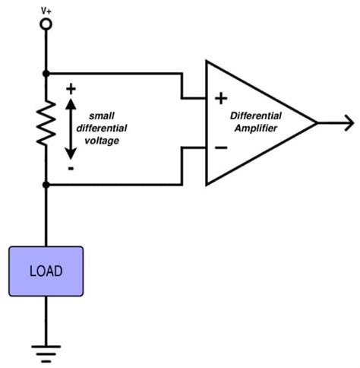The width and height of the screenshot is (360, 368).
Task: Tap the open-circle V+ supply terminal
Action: [46, 24]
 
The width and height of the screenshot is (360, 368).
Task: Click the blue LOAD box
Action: [46, 271]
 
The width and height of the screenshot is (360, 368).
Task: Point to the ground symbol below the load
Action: [46, 352]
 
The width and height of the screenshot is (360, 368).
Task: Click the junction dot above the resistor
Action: [46, 74]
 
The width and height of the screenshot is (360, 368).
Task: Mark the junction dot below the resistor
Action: [46, 184]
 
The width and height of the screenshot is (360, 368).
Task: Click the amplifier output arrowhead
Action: [349, 122]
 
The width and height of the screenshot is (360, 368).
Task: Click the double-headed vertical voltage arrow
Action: [71, 127]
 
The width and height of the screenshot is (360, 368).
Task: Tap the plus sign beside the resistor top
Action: [71, 88]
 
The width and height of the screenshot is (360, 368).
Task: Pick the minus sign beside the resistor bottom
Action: [71, 168]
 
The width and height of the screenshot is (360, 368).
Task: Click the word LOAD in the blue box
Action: [46, 271]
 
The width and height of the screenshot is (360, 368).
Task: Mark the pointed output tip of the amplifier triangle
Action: [316, 122]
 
